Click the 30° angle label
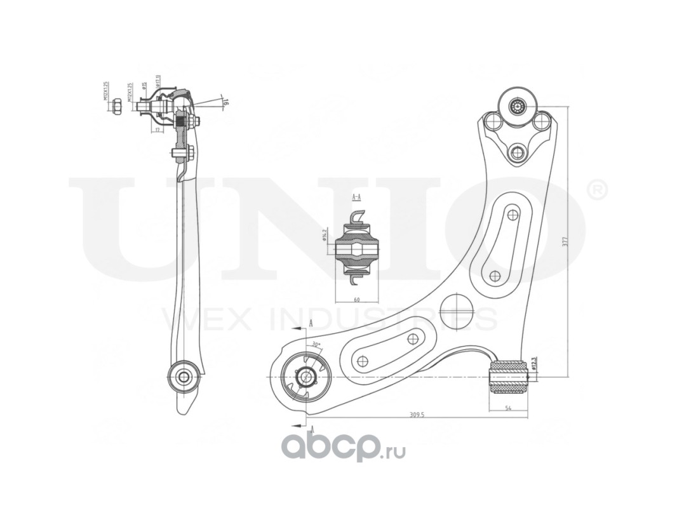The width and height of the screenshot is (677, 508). tap(316, 344)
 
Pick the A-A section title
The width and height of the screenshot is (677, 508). tap(356, 197)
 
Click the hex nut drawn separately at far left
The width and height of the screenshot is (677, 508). tap(117, 105)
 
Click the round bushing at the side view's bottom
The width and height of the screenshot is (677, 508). tap(184, 376)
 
